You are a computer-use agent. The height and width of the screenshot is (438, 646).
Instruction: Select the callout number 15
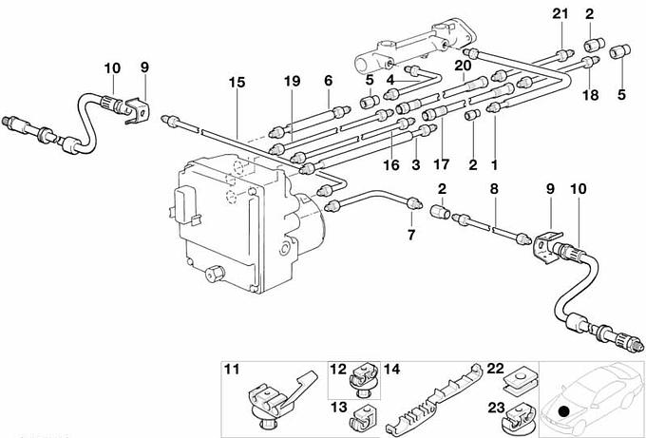click(236, 83)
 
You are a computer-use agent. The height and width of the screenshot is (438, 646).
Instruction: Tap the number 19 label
click(291, 83)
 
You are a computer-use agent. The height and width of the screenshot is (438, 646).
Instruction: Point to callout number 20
click(463, 66)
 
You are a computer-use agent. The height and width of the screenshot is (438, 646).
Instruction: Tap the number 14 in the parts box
click(391, 369)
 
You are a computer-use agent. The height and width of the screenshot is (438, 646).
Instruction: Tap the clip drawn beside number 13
click(361, 415)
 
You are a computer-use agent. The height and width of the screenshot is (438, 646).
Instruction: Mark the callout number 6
click(328, 83)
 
